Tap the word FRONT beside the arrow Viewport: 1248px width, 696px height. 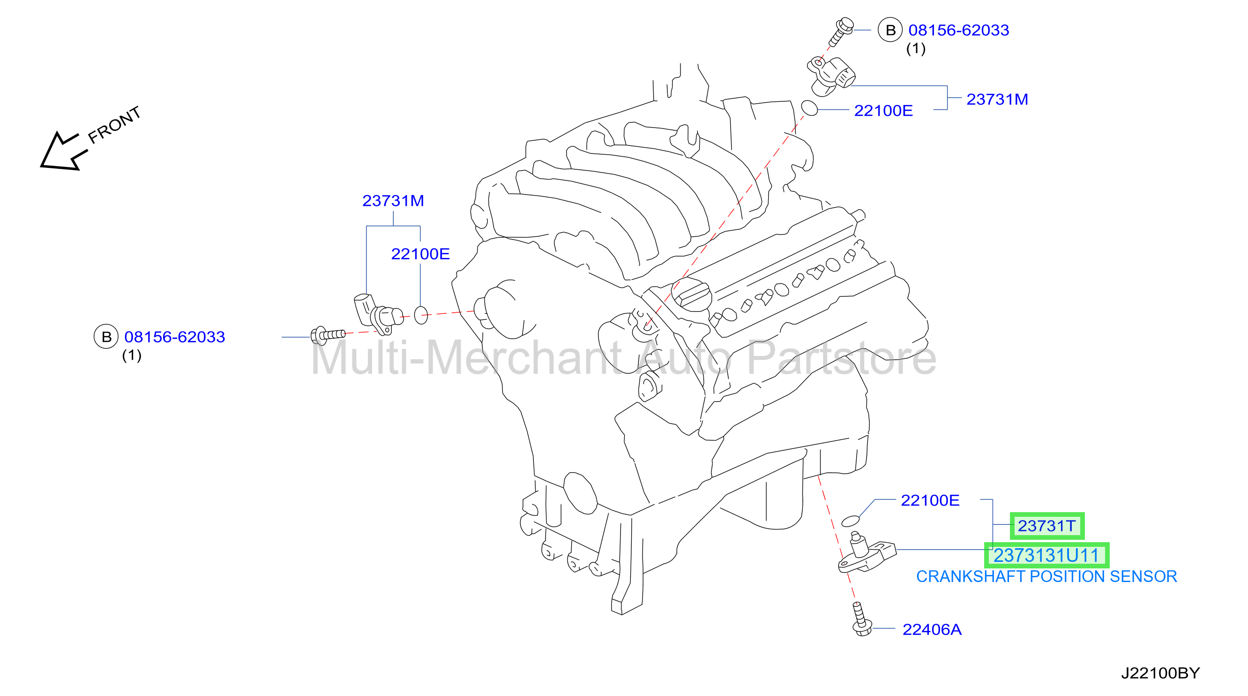point(114,125)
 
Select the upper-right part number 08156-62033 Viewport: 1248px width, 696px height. point(958,30)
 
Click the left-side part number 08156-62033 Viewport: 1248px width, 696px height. point(174,337)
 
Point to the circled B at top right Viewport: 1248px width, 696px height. point(890,30)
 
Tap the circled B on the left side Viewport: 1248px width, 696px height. point(106,337)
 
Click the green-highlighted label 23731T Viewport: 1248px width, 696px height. point(1047,526)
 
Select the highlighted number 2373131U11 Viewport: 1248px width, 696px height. point(1046,555)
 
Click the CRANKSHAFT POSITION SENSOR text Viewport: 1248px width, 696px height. point(1046,577)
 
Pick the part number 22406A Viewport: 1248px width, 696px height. point(932,629)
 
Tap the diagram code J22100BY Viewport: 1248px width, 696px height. point(1160,673)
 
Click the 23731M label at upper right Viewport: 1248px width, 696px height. point(997,99)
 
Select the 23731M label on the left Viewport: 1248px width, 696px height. point(393,201)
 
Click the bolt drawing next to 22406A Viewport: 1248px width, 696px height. point(861,619)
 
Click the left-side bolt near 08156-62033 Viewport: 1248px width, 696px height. point(328,335)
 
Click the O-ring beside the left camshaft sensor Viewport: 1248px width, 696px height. point(421,315)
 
